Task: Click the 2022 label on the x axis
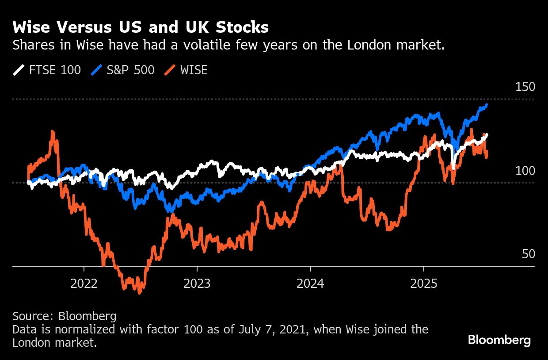(84, 283)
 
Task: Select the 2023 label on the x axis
(197, 283)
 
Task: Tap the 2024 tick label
(310, 283)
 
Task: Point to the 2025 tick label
(423, 283)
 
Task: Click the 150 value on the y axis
(525, 87)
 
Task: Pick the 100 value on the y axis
(525, 171)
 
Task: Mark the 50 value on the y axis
(529, 254)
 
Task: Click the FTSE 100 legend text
(55, 70)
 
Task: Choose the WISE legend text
(194, 70)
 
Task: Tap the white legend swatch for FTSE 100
(19, 70)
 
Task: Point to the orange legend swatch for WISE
(170, 70)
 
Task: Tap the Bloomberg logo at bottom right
(499, 340)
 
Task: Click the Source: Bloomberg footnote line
(65, 316)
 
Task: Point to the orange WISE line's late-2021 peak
(53, 132)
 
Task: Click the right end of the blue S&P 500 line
(487, 105)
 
